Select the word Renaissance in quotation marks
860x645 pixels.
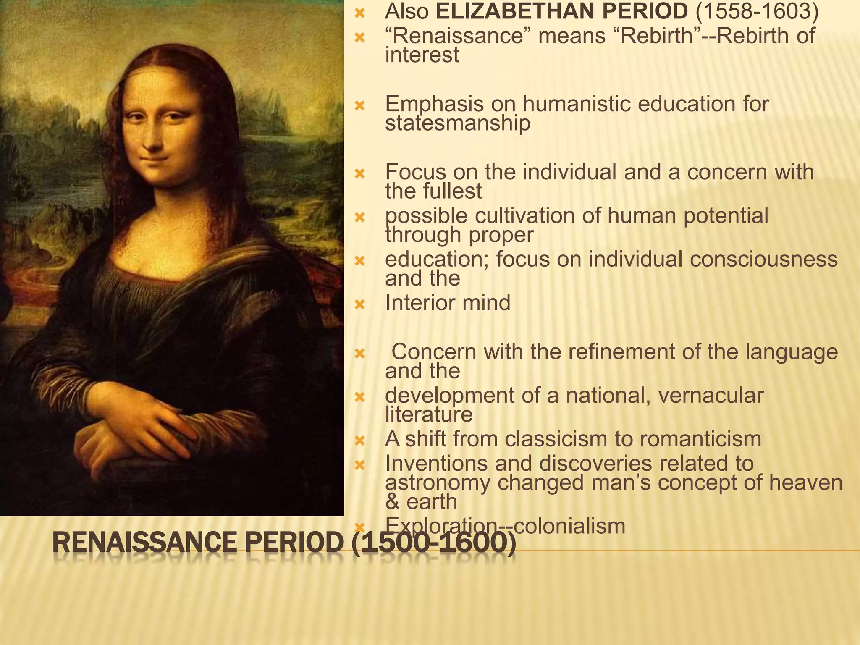click(x=458, y=36)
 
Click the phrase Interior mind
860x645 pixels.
click(x=448, y=303)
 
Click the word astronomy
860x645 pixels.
click(x=437, y=483)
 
